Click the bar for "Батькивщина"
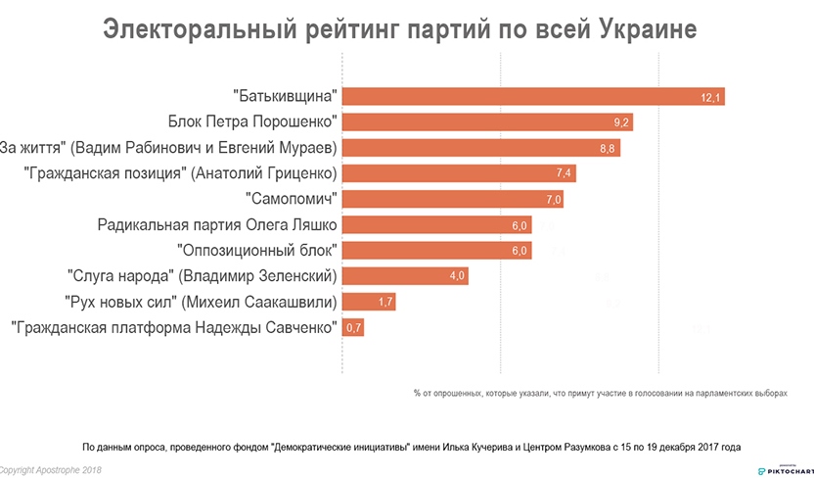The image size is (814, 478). [533, 97]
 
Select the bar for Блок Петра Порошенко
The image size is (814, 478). [488, 122]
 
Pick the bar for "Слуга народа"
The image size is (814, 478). [405, 275]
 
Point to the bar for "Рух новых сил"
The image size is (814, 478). [370, 301]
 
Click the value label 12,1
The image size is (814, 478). [710, 98]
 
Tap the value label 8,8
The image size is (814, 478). [608, 149]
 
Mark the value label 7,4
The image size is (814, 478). [564, 174]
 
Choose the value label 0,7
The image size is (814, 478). [353, 327]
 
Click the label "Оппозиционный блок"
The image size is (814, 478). [257, 250]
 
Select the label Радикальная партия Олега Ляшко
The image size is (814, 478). [217, 224]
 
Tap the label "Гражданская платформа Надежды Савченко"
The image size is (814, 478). [173, 326]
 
